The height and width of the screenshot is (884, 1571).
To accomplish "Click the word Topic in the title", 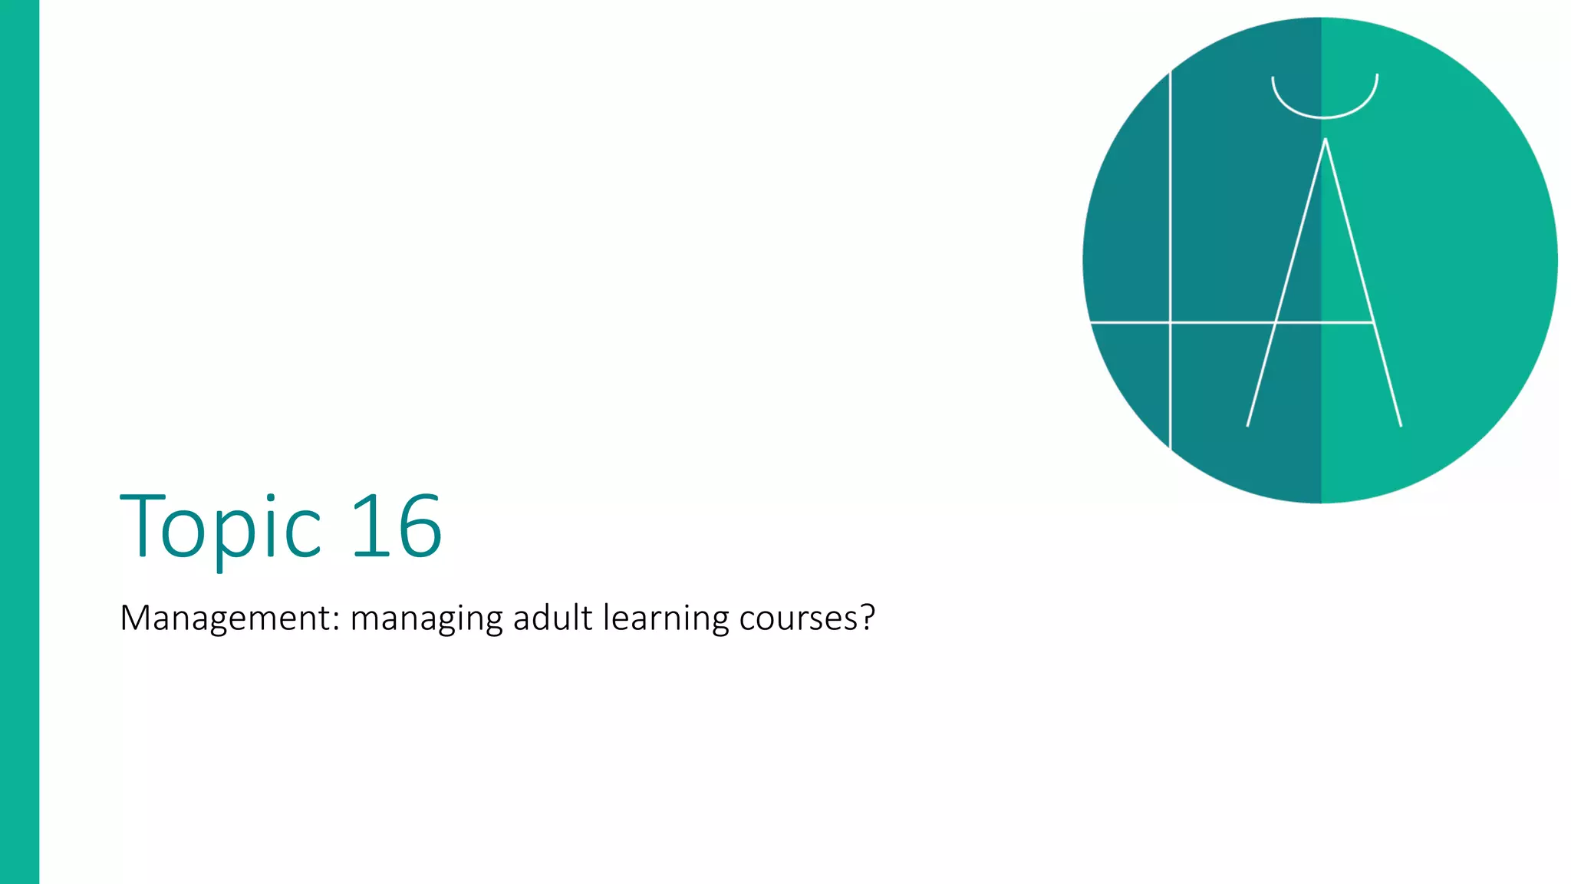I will (x=221, y=528).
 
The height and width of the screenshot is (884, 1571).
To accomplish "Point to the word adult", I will (x=552, y=618).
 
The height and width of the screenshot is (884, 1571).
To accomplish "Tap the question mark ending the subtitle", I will (x=868, y=616).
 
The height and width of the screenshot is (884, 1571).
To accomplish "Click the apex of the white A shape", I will (x=1325, y=140).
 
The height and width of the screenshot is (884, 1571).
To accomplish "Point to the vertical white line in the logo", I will (x=1170, y=230).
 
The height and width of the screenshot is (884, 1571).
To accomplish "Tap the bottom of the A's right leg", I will (x=1401, y=424).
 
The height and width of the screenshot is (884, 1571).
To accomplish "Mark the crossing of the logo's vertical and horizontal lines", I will (x=1170, y=323).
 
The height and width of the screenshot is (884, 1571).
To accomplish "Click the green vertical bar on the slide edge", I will (x=19, y=442).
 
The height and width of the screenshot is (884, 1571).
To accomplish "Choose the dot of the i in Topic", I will (x=269, y=499).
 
